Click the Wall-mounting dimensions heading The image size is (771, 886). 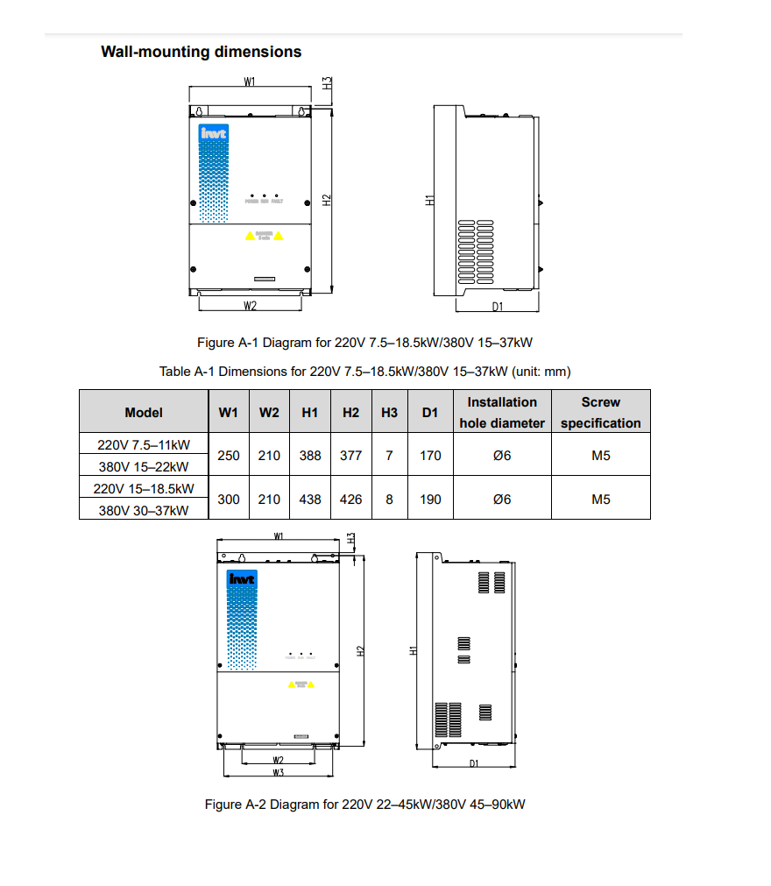(201, 52)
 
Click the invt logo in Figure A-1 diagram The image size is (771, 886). (213, 133)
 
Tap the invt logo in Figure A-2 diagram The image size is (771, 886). (242, 579)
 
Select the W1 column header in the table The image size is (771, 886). (228, 412)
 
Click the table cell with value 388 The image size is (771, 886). (309, 456)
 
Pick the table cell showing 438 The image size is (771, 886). (309, 499)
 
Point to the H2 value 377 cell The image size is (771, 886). (350, 456)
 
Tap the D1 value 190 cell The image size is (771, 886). (430, 499)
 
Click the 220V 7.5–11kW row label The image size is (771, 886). (143, 444)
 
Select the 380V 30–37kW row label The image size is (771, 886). (143, 510)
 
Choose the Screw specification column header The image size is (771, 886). (600, 412)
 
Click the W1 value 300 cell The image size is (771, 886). (228, 499)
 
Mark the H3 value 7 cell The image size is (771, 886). (389, 456)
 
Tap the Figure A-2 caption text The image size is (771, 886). (364, 804)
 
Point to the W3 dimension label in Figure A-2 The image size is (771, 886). (278, 773)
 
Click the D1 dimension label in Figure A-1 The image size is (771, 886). (497, 306)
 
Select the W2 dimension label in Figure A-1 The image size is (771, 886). (250, 306)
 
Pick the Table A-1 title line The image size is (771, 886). (365, 372)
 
